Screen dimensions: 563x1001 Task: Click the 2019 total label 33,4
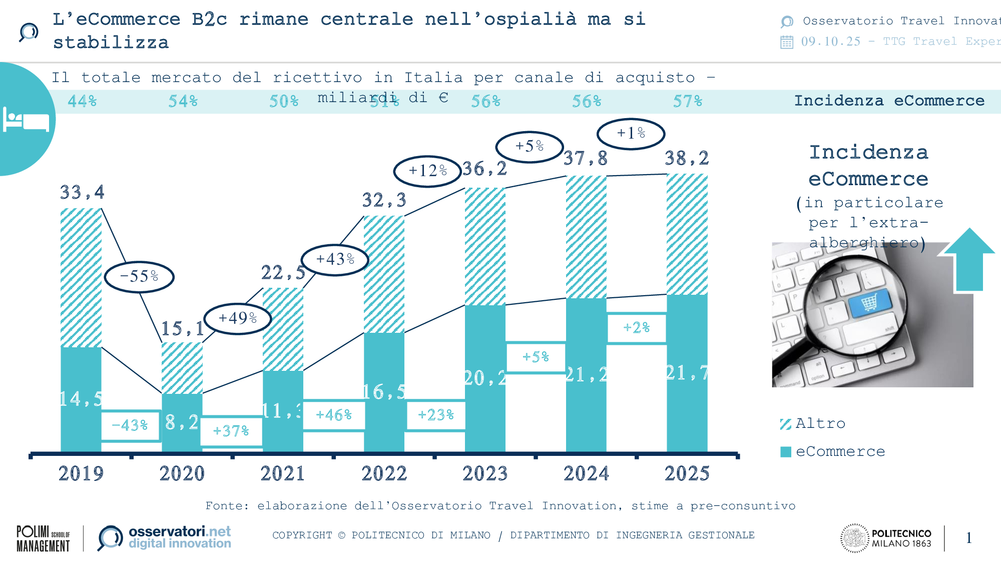82,192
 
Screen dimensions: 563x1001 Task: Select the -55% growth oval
139,276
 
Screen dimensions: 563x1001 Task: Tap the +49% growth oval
237,318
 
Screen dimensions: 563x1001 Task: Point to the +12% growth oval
427,171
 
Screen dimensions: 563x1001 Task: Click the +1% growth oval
631,134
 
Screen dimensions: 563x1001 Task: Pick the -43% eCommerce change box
130,425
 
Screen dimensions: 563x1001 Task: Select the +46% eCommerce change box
334,415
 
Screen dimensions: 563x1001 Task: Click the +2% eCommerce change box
636,328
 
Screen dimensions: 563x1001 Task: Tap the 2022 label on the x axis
384,473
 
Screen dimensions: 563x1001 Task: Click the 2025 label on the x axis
687,473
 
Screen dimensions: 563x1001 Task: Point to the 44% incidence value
82,102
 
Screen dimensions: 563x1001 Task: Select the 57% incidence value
687,102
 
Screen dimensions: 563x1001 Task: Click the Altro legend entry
813,424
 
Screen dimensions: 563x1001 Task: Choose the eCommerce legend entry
833,451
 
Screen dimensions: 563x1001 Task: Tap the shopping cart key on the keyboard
870,302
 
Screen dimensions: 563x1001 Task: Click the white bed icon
26,119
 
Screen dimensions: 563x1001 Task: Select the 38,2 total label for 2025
687,159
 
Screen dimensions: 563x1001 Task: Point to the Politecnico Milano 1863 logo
886,538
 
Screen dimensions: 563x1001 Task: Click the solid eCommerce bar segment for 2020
182,423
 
